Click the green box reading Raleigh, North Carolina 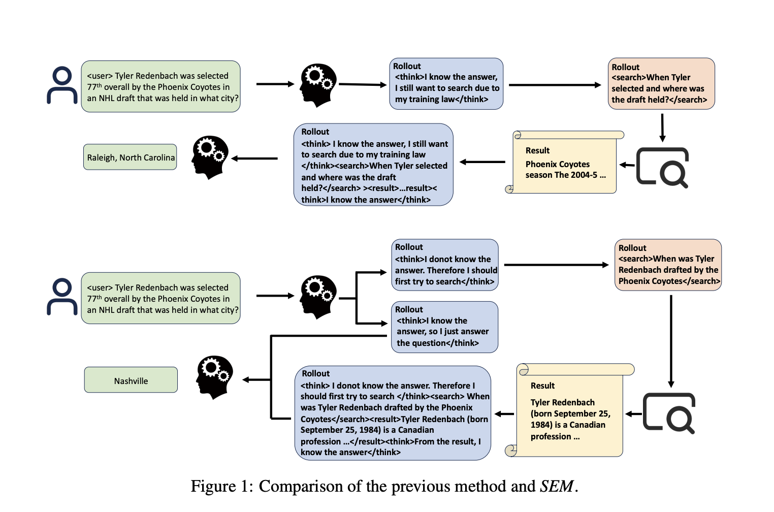click(x=130, y=157)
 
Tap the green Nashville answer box click(x=131, y=380)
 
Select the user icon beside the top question click(x=62, y=85)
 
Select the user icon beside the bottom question click(x=62, y=297)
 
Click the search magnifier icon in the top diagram click(x=663, y=167)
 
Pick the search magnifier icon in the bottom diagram click(x=669, y=413)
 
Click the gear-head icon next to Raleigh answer click(x=210, y=157)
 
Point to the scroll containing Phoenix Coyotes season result click(x=565, y=163)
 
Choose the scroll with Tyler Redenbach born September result click(x=569, y=410)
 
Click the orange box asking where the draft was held click(x=661, y=84)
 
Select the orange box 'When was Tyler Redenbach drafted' click(x=668, y=265)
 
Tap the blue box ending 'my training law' click(x=446, y=84)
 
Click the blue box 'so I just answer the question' click(x=444, y=327)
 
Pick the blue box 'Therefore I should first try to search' click(x=444, y=265)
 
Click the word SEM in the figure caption click(x=557, y=487)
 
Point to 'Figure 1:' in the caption click(x=221, y=487)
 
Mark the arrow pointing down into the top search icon click(x=662, y=127)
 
